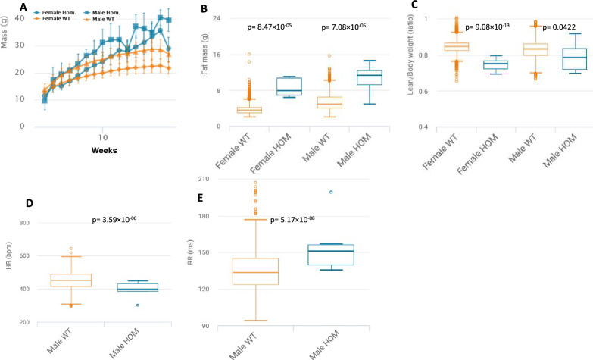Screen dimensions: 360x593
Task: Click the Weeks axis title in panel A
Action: pyautogui.click(x=104, y=150)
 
